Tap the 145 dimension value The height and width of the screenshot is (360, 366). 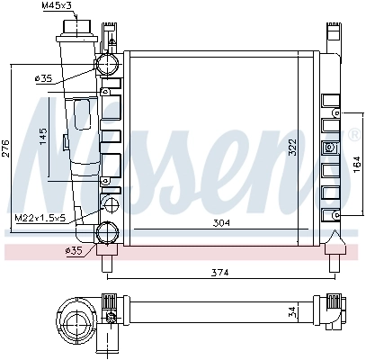coord(42,135)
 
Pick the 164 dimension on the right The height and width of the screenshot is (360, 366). coord(356,161)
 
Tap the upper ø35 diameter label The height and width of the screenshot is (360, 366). coord(42,79)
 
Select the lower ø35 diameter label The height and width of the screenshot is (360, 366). coord(74,250)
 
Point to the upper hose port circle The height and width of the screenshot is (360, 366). coord(108,64)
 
